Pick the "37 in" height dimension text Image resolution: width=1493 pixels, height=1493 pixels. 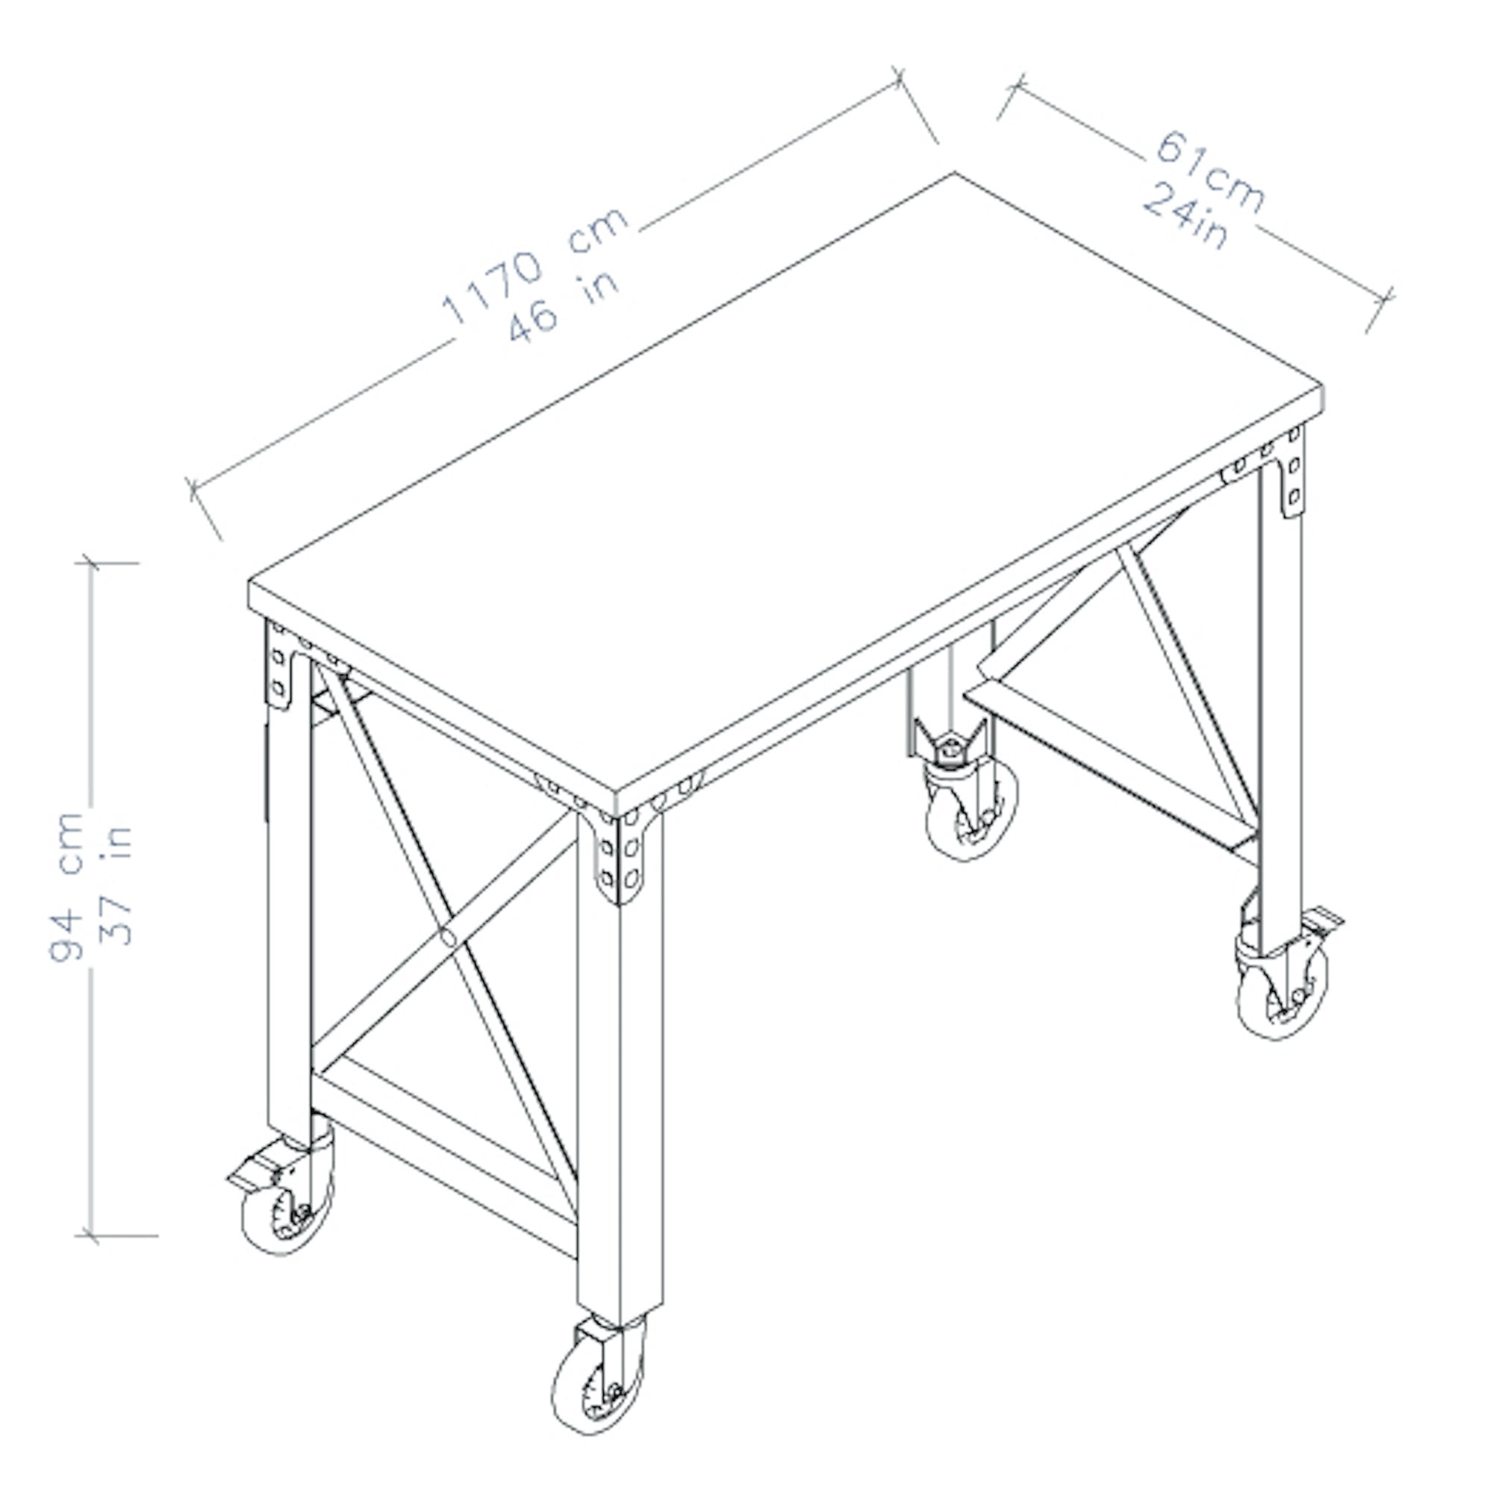[117, 886]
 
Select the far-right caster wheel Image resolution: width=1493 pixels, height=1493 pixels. [1282, 991]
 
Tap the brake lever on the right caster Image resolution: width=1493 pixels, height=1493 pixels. [1323, 921]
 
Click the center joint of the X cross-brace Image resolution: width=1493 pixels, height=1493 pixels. [448, 938]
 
